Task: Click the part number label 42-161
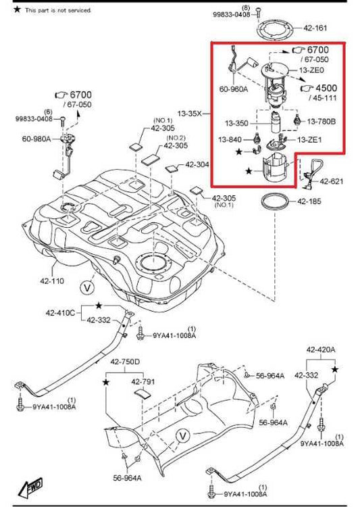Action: point(316,28)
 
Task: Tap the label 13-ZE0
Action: point(311,70)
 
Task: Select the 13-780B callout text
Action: point(322,122)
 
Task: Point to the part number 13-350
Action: point(237,124)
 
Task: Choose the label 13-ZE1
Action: point(311,139)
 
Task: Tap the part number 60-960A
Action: point(233,88)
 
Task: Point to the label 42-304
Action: point(197,164)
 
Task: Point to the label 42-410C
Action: point(60,313)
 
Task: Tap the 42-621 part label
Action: point(332,181)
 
